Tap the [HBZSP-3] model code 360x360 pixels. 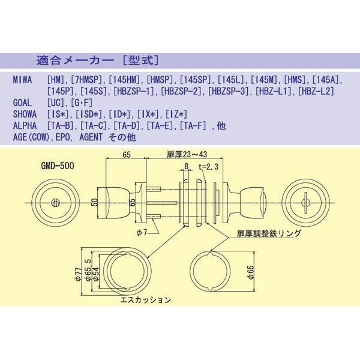[x=229, y=91]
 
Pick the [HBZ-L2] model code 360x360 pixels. [x=314, y=91]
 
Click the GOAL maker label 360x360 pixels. [x=23, y=103]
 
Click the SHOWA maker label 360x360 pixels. [x=25, y=114]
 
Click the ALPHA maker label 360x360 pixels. [x=25, y=125]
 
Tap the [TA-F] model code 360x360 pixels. [x=193, y=125]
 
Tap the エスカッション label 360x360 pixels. [x=146, y=298]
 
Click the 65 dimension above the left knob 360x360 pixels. [x=127, y=155]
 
